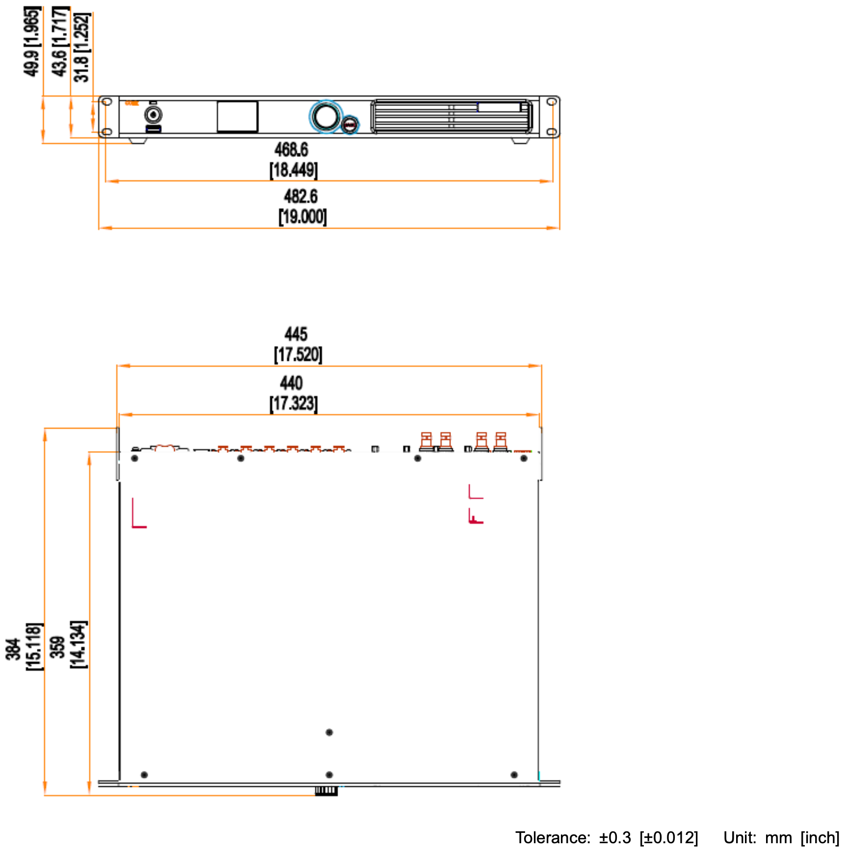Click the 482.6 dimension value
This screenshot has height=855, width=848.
coord(301,196)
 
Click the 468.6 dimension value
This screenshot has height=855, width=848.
coord(291,150)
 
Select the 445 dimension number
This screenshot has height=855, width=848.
coord(296,334)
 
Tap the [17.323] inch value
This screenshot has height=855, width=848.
coord(294,403)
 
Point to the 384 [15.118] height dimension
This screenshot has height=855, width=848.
coord(24,646)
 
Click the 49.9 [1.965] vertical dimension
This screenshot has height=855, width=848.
coord(31,41)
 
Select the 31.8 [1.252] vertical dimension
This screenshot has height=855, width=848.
coord(82,47)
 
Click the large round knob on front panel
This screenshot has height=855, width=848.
coord(326,117)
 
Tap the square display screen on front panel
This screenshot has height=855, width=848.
coord(238,117)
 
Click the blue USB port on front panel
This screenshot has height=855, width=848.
coord(154,129)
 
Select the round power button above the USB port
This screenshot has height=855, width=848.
coord(154,115)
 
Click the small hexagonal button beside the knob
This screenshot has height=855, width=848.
coord(350,125)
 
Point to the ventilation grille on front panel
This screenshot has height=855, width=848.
coord(451,117)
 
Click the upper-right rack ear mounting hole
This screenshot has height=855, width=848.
coord(552,102)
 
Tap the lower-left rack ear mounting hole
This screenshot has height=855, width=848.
coord(106,132)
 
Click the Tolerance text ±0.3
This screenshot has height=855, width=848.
coord(615,837)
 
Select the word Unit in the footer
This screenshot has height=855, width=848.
coord(740,837)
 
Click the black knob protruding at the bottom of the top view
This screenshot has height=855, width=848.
coord(326,791)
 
